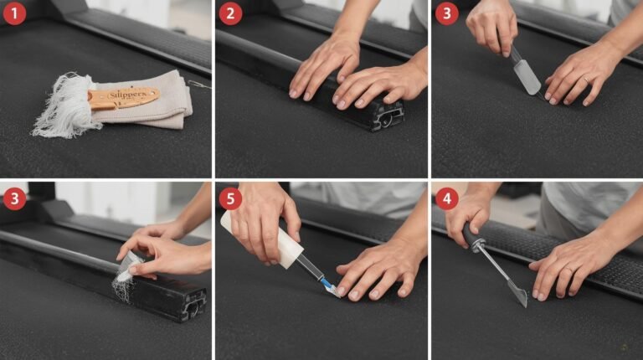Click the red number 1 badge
[15, 13]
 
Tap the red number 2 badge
[231, 13]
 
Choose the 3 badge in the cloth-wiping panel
[15, 198]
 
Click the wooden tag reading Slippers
[124, 97]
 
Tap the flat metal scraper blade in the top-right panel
[526, 77]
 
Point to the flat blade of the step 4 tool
[517, 294]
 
